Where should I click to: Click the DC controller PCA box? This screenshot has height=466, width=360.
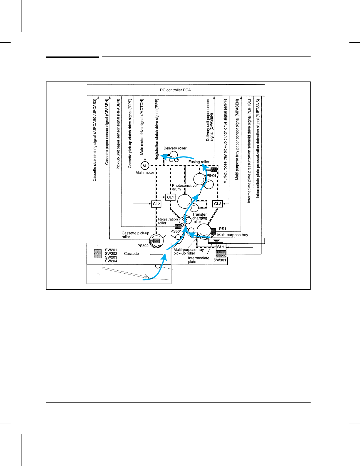176,90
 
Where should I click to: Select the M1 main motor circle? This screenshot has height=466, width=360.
145,166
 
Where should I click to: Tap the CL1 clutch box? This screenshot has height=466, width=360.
170,197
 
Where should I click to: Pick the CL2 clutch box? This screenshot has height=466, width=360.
156,204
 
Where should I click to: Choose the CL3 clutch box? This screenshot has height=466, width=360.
217,204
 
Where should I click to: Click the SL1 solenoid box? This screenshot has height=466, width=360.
221,247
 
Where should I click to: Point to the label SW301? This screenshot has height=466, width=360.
220,260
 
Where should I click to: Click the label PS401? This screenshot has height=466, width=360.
211,176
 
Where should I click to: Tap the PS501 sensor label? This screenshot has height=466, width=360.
176,231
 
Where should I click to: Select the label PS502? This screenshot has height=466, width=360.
143,246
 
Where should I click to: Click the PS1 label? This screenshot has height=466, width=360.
222,229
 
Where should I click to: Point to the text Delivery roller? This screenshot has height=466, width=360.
175,148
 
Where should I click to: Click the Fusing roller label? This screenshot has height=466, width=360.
199,162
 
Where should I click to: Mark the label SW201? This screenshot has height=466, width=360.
111,250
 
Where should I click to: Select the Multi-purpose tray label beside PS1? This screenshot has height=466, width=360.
233,235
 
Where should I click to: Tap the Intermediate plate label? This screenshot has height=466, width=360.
199,260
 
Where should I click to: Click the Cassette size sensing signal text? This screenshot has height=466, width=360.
95,140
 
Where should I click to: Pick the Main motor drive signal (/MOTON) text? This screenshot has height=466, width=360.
142,127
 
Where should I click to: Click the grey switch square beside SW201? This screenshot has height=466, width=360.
98,254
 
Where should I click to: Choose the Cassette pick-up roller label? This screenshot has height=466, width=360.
135,235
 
